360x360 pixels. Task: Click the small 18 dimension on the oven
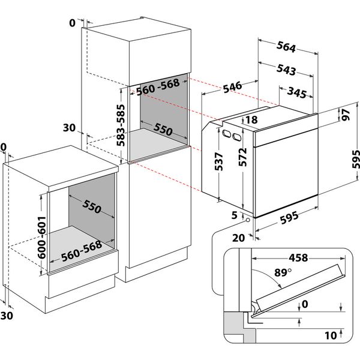tap(251, 121)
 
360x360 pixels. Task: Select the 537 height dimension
tap(219, 161)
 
